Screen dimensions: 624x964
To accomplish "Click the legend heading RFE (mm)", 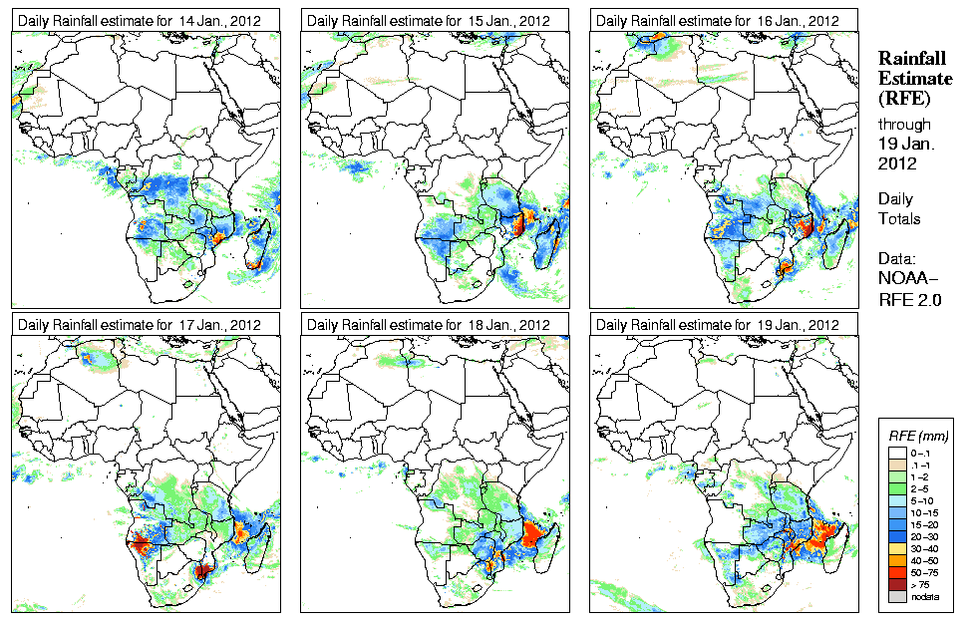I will tap(918, 437).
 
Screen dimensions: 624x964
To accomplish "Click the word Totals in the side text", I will tap(899, 218).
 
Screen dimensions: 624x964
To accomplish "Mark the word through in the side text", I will tap(903, 125).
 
